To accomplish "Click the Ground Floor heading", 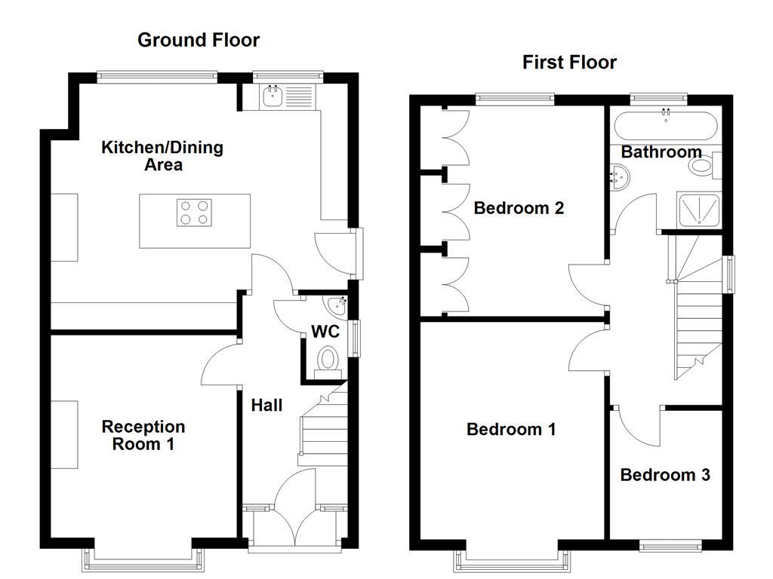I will pos(198,40).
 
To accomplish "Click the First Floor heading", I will pos(569,62).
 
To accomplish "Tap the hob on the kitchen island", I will pos(194,212).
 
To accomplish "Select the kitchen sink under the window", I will pos(273,96).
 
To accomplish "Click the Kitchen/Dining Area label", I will pos(162,155).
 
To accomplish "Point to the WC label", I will pos(325,331).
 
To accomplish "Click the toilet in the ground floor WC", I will pos(328,359).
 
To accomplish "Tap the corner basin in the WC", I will pos(336,305).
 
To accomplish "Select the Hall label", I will pos(266,406).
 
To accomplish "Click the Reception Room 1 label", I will pos(143,435).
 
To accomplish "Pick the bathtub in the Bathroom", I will pos(664,124).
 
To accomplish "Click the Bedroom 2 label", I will pos(519,208).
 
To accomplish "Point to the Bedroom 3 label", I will pos(665,475).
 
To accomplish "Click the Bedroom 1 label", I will pos(511,430).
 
